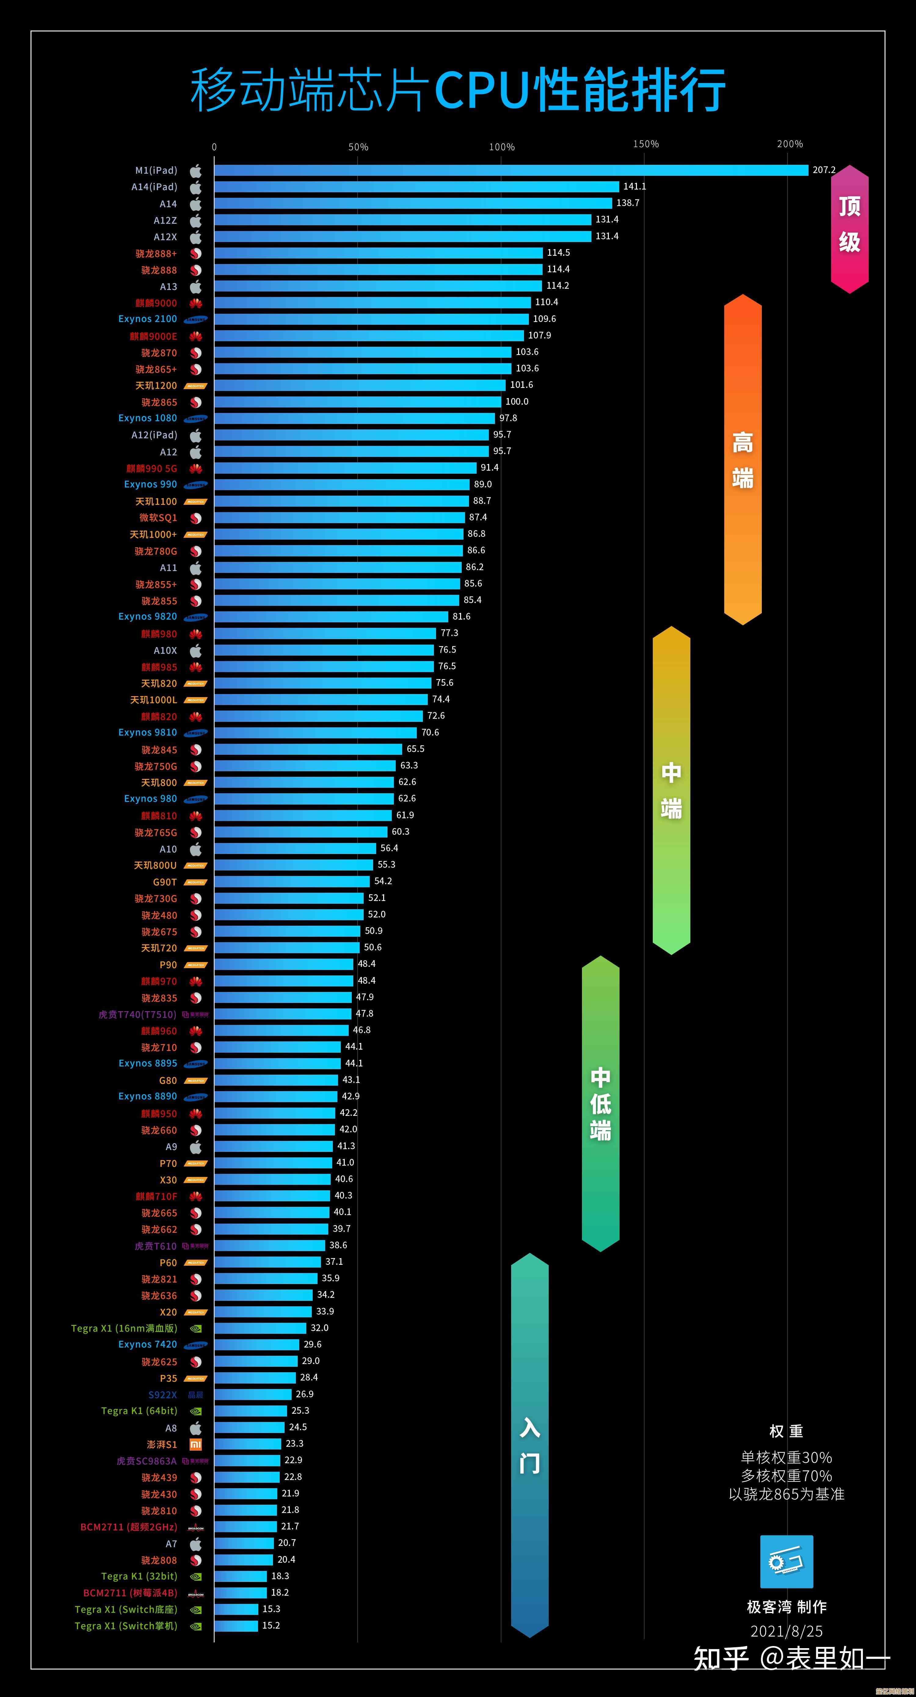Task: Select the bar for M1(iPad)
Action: click(x=511, y=170)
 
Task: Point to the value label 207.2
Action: click(x=824, y=170)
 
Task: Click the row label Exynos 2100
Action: click(x=147, y=319)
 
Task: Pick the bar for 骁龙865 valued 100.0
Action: click(x=357, y=401)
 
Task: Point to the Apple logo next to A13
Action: click(x=196, y=287)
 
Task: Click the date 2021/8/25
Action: click(x=786, y=1631)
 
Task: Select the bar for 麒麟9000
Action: click(x=372, y=302)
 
